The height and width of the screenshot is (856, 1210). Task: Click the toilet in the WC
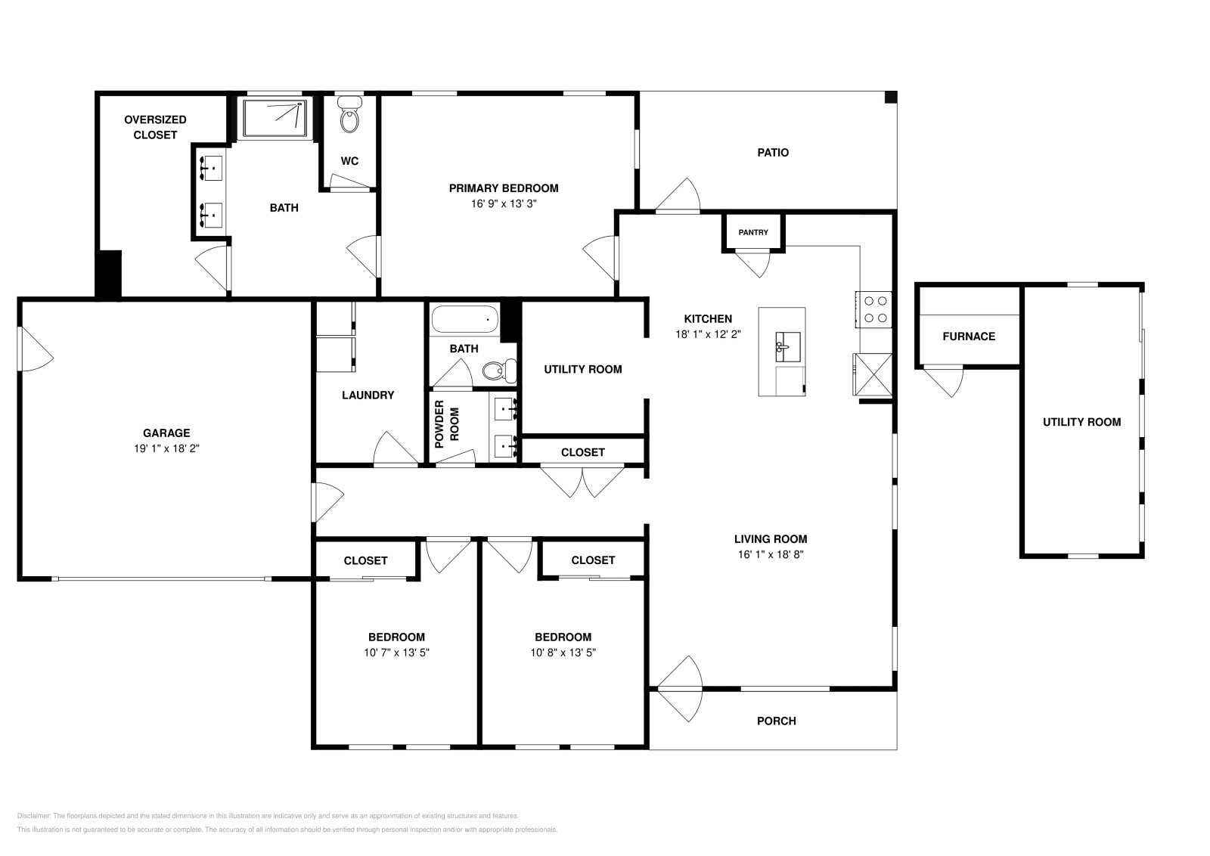point(349,114)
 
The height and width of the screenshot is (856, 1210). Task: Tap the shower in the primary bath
point(275,118)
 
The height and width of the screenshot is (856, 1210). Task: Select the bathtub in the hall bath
point(464,318)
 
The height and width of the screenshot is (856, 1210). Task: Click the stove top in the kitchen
point(873,309)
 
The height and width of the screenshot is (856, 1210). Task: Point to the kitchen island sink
point(787,347)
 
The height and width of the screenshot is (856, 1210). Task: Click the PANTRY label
point(753,232)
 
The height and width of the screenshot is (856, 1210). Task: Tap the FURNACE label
point(969,337)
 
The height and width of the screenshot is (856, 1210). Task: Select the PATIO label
point(773,152)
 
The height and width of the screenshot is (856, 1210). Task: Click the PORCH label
point(776,721)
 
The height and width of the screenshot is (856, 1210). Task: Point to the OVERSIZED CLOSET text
point(155,128)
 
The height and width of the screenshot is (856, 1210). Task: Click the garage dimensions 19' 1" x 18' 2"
point(166,448)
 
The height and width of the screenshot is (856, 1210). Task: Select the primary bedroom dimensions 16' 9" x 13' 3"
point(504,203)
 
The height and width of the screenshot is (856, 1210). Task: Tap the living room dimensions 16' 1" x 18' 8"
point(771,554)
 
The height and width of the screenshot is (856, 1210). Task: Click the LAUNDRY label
point(368,395)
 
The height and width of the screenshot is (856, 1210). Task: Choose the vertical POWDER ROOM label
point(447,424)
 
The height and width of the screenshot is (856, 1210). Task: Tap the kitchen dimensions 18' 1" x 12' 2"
point(708,334)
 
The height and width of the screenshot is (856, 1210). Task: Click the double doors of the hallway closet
point(582,481)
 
